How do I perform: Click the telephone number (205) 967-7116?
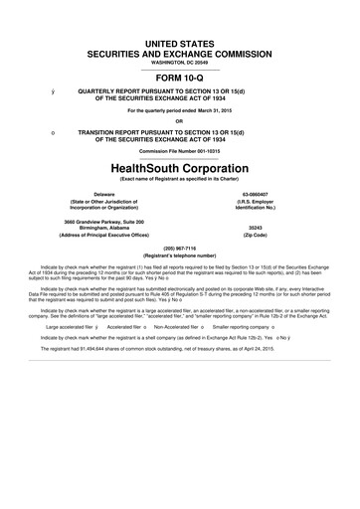tap(179, 246)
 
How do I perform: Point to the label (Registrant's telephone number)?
tap(179, 254)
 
